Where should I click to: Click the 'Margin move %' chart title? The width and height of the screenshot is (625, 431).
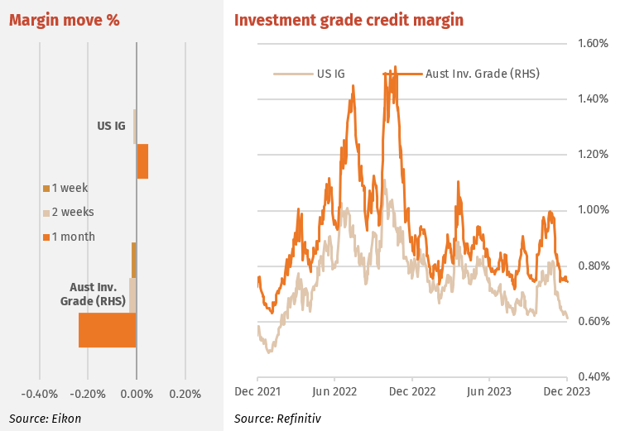click(65, 21)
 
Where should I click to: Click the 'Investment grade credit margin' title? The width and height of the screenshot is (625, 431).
click(349, 21)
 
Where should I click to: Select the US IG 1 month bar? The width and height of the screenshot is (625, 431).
click(142, 161)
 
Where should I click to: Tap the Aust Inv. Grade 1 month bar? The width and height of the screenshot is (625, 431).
click(108, 330)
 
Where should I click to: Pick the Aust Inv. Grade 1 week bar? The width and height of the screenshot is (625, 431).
click(134, 260)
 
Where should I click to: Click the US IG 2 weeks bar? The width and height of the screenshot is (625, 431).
click(135, 127)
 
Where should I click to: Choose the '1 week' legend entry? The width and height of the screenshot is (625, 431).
click(65, 188)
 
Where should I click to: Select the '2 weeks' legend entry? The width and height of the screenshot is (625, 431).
click(69, 213)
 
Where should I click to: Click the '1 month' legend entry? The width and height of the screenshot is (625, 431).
click(69, 237)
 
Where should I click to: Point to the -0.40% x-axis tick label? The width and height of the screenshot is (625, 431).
click(40, 395)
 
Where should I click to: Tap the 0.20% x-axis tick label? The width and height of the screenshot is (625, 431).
click(185, 395)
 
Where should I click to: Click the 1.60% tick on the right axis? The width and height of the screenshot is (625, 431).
click(593, 43)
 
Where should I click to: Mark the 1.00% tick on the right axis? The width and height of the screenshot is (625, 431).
click(593, 210)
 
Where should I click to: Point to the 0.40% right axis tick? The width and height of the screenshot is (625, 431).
click(594, 376)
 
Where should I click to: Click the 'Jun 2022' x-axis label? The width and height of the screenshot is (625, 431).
click(334, 392)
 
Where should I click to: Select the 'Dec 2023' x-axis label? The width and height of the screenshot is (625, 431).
click(567, 392)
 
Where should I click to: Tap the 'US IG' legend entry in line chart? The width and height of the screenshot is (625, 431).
click(310, 74)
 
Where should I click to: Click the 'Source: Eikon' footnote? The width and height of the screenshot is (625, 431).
click(45, 419)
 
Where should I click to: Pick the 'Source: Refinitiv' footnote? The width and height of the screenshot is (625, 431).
click(277, 419)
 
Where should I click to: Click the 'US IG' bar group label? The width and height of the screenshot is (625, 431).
click(111, 126)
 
